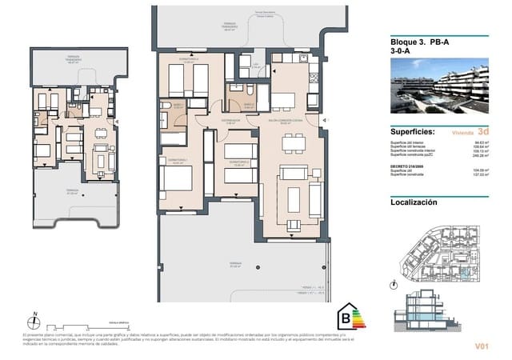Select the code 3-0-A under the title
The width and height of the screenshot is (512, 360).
click(400, 54)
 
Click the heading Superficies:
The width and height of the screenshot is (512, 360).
click(413, 131)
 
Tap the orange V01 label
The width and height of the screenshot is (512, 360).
click(481, 346)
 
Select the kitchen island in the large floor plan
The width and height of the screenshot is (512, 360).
click(286, 99)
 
